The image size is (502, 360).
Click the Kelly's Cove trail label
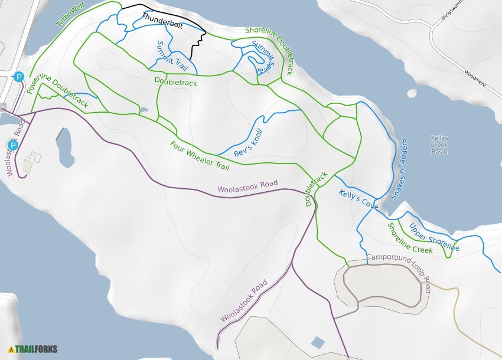(x=358, y=199)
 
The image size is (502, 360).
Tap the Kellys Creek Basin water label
(x=439, y=145)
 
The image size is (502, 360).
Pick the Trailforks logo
(x=32, y=349)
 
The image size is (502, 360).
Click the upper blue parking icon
(x=19, y=77)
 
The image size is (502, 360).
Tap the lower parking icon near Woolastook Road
(x=12, y=145)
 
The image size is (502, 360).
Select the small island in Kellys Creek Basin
(x=412, y=93)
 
